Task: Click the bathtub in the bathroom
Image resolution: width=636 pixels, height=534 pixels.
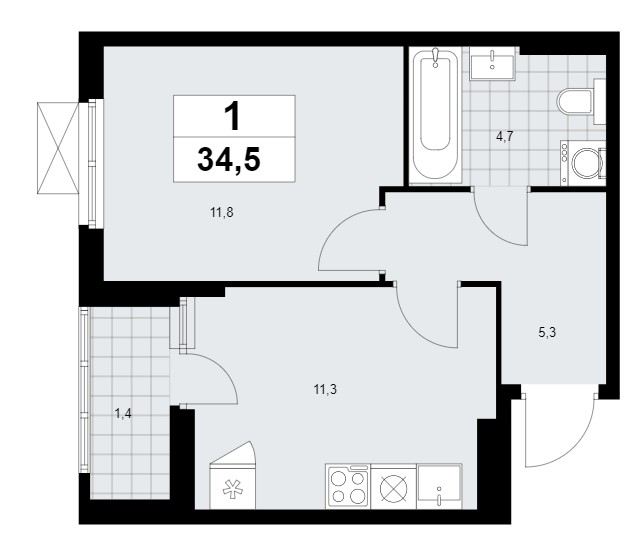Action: coord(435,115)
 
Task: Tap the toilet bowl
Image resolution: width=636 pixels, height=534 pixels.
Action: coord(575,102)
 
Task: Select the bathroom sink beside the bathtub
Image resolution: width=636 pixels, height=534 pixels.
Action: coord(492,64)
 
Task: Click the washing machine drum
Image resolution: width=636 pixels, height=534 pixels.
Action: coord(585,163)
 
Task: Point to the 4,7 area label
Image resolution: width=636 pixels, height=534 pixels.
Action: coord(505,136)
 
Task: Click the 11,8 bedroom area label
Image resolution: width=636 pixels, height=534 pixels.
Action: coord(221,212)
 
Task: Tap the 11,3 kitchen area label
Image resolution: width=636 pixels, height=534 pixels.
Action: coord(325,390)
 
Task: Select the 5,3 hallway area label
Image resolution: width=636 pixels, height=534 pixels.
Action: coord(547,333)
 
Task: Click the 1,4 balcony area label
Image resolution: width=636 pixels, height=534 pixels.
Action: coord(123,414)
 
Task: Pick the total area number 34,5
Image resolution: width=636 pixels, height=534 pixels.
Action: coord(229,160)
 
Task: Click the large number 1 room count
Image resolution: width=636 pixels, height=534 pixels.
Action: coord(234,116)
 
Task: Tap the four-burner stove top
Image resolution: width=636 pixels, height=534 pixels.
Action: coord(348,486)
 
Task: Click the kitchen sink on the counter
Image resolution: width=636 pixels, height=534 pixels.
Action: coord(440,486)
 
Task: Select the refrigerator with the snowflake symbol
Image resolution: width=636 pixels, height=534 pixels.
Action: coord(232,475)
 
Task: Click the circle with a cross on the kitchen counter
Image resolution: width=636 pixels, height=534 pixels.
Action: coord(393,487)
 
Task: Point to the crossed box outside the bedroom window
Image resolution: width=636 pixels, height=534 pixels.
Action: coord(58,148)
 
